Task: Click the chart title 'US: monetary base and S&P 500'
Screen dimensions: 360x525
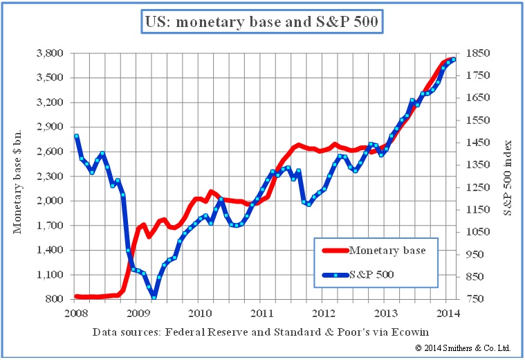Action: pyautogui.click(x=263, y=23)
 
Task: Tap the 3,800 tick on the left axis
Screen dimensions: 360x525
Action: pyautogui.click(x=50, y=53)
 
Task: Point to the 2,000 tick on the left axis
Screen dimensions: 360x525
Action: pyautogui.click(x=50, y=201)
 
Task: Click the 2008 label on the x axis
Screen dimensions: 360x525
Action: pyautogui.click(x=76, y=312)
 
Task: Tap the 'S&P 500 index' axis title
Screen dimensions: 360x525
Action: pyautogui.click(x=508, y=176)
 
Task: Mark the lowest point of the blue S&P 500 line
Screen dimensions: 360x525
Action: pyautogui.click(x=154, y=297)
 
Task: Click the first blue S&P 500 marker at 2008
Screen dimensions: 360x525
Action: pyautogui.click(x=76, y=136)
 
